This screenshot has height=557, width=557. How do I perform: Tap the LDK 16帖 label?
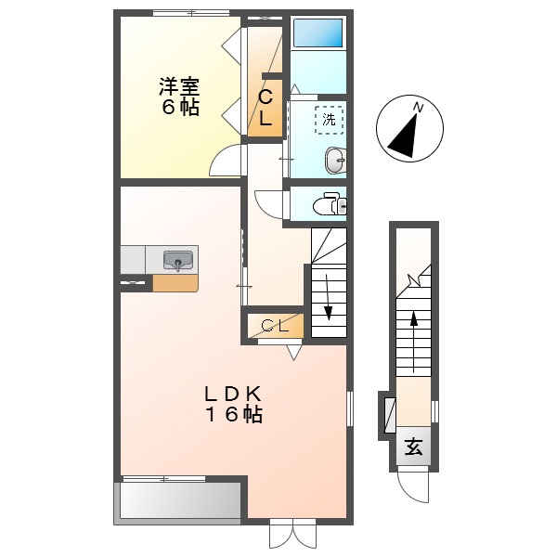(x=233, y=403)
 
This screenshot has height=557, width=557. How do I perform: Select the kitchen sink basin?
(x=178, y=259)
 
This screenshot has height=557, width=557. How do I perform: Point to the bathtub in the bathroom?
(x=318, y=34)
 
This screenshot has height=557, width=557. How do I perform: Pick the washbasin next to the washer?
(x=335, y=161)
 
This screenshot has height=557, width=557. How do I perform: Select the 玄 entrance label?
(x=414, y=447)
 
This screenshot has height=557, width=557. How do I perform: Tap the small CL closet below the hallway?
(x=274, y=325)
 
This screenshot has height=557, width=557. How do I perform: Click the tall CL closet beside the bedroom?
(x=265, y=107)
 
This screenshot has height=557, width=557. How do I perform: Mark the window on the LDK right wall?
(x=350, y=408)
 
